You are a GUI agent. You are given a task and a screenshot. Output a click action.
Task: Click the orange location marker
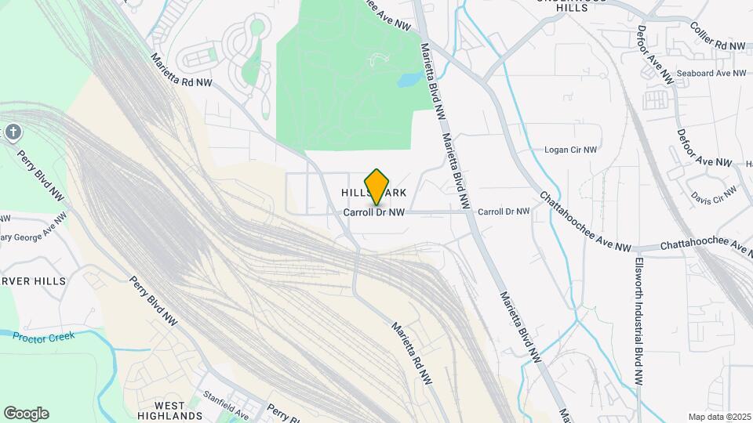pyautogui.click(x=376, y=186)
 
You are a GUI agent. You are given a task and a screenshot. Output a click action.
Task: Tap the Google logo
pyautogui.click(x=26, y=414)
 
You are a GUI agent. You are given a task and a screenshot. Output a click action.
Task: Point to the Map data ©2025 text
pyautogui.click(x=719, y=417)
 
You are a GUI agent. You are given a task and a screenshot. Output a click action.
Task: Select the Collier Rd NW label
pyautogui.click(x=717, y=47)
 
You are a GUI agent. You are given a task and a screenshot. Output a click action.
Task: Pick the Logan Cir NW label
pyautogui.click(x=571, y=149)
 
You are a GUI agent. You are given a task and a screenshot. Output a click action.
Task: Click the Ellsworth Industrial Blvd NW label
pyautogui.click(x=638, y=321)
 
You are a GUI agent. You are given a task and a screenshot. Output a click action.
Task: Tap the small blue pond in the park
pyautogui.click(x=409, y=80)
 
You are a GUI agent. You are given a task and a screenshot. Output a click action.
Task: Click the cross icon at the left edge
pyautogui.click(x=12, y=132)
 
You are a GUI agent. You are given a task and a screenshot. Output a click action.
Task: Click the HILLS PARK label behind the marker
pyautogui.click(x=374, y=193)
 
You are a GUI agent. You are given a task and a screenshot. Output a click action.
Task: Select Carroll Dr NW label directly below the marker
pyautogui.click(x=374, y=212)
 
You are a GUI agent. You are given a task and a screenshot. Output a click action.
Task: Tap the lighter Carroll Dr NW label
pyautogui.click(x=504, y=211)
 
